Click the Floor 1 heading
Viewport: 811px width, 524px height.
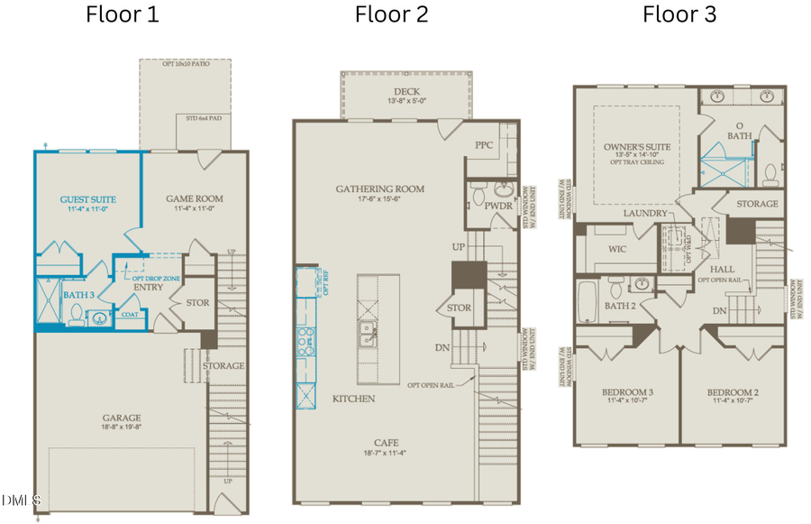point(122,14)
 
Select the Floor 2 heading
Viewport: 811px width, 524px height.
point(391,14)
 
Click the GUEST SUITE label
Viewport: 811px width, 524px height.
point(87,198)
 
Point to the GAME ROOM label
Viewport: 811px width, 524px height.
point(194,198)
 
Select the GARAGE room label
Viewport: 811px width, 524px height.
point(121,418)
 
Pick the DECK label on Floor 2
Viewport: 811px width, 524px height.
point(406,92)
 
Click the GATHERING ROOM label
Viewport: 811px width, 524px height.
point(379,188)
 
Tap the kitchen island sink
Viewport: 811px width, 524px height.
point(368,336)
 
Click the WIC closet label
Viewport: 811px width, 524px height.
point(617,248)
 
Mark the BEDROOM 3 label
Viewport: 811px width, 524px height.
point(626,392)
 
